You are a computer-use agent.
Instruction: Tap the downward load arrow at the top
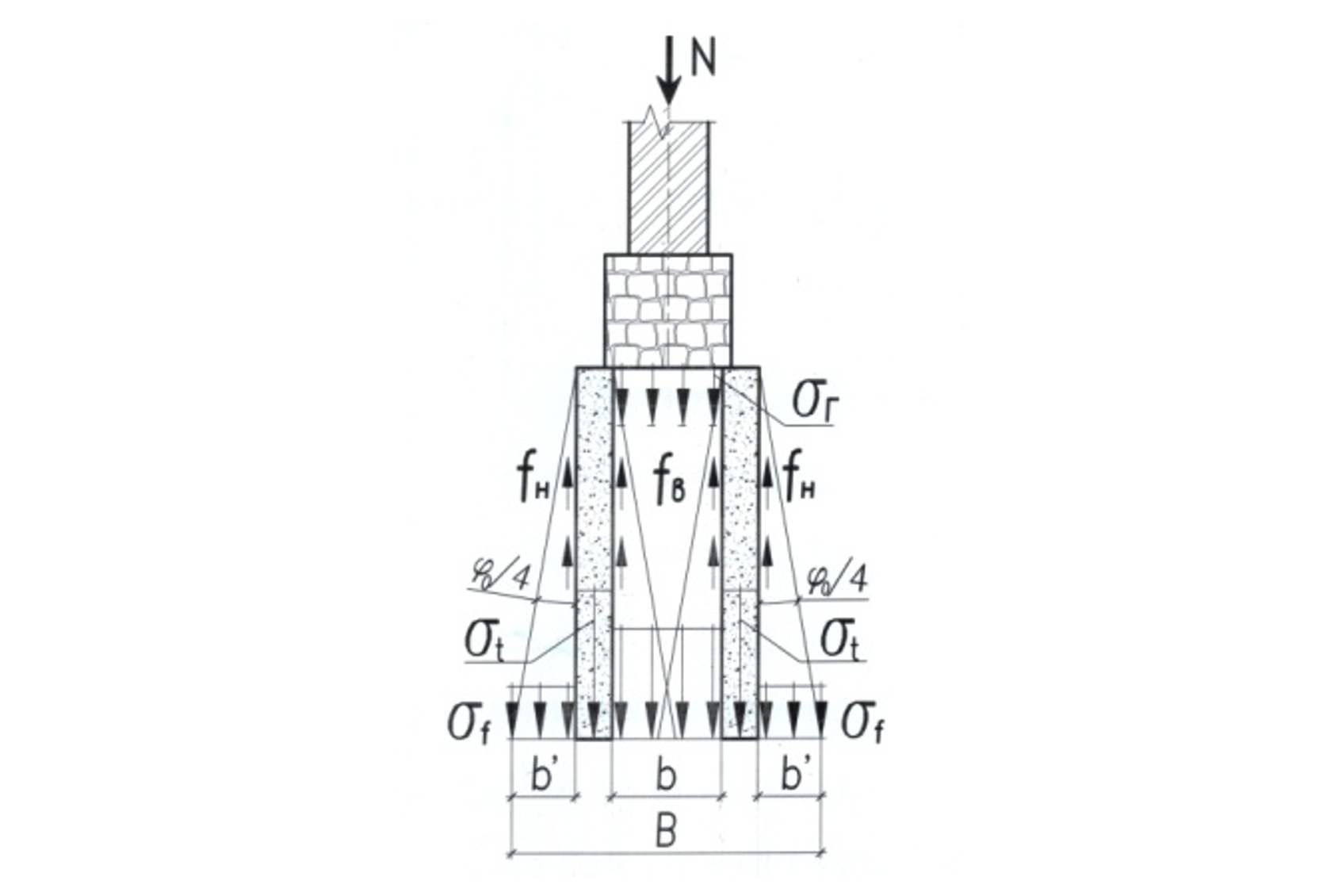point(669,71)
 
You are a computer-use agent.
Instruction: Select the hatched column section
point(669,188)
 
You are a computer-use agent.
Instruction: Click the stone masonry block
point(668,311)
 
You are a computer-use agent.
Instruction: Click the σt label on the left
point(484,641)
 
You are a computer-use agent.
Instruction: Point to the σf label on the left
point(468,724)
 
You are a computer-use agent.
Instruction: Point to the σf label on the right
point(862,724)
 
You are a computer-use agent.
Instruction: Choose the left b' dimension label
point(545,775)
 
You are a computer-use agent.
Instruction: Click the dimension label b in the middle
point(666,775)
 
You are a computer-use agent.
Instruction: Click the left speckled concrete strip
point(594,553)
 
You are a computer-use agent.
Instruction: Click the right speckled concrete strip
point(740,553)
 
